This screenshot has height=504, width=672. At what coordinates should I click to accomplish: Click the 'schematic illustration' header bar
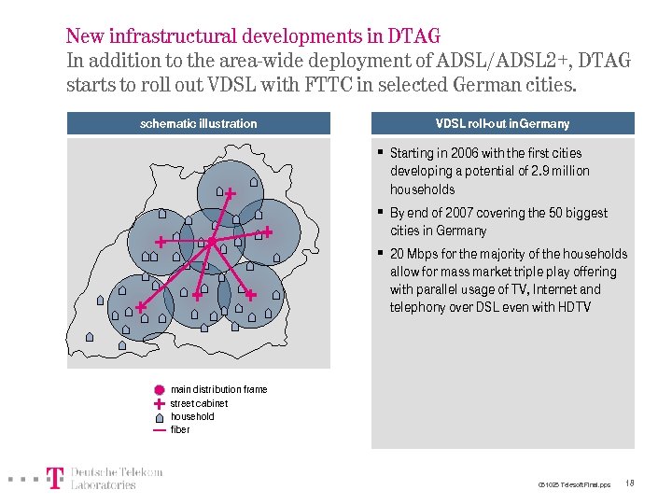[x=198, y=123]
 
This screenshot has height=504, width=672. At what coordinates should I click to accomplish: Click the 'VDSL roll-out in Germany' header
[x=502, y=123]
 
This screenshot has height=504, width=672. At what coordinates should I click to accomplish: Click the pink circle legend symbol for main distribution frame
[x=159, y=390]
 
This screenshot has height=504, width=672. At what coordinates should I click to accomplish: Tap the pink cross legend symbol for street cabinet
[x=159, y=403]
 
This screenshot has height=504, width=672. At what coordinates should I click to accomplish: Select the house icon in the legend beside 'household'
[x=159, y=416]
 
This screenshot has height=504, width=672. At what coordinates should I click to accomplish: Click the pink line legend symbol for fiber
[x=159, y=430]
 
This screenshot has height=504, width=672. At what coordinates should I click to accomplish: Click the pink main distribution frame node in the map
[x=212, y=242]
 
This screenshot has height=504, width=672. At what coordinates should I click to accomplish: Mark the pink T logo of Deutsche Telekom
[x=56, y=478]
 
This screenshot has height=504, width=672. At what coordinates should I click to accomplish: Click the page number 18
[x=630, y=483]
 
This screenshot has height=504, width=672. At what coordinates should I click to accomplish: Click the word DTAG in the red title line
[x=413, y=37]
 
